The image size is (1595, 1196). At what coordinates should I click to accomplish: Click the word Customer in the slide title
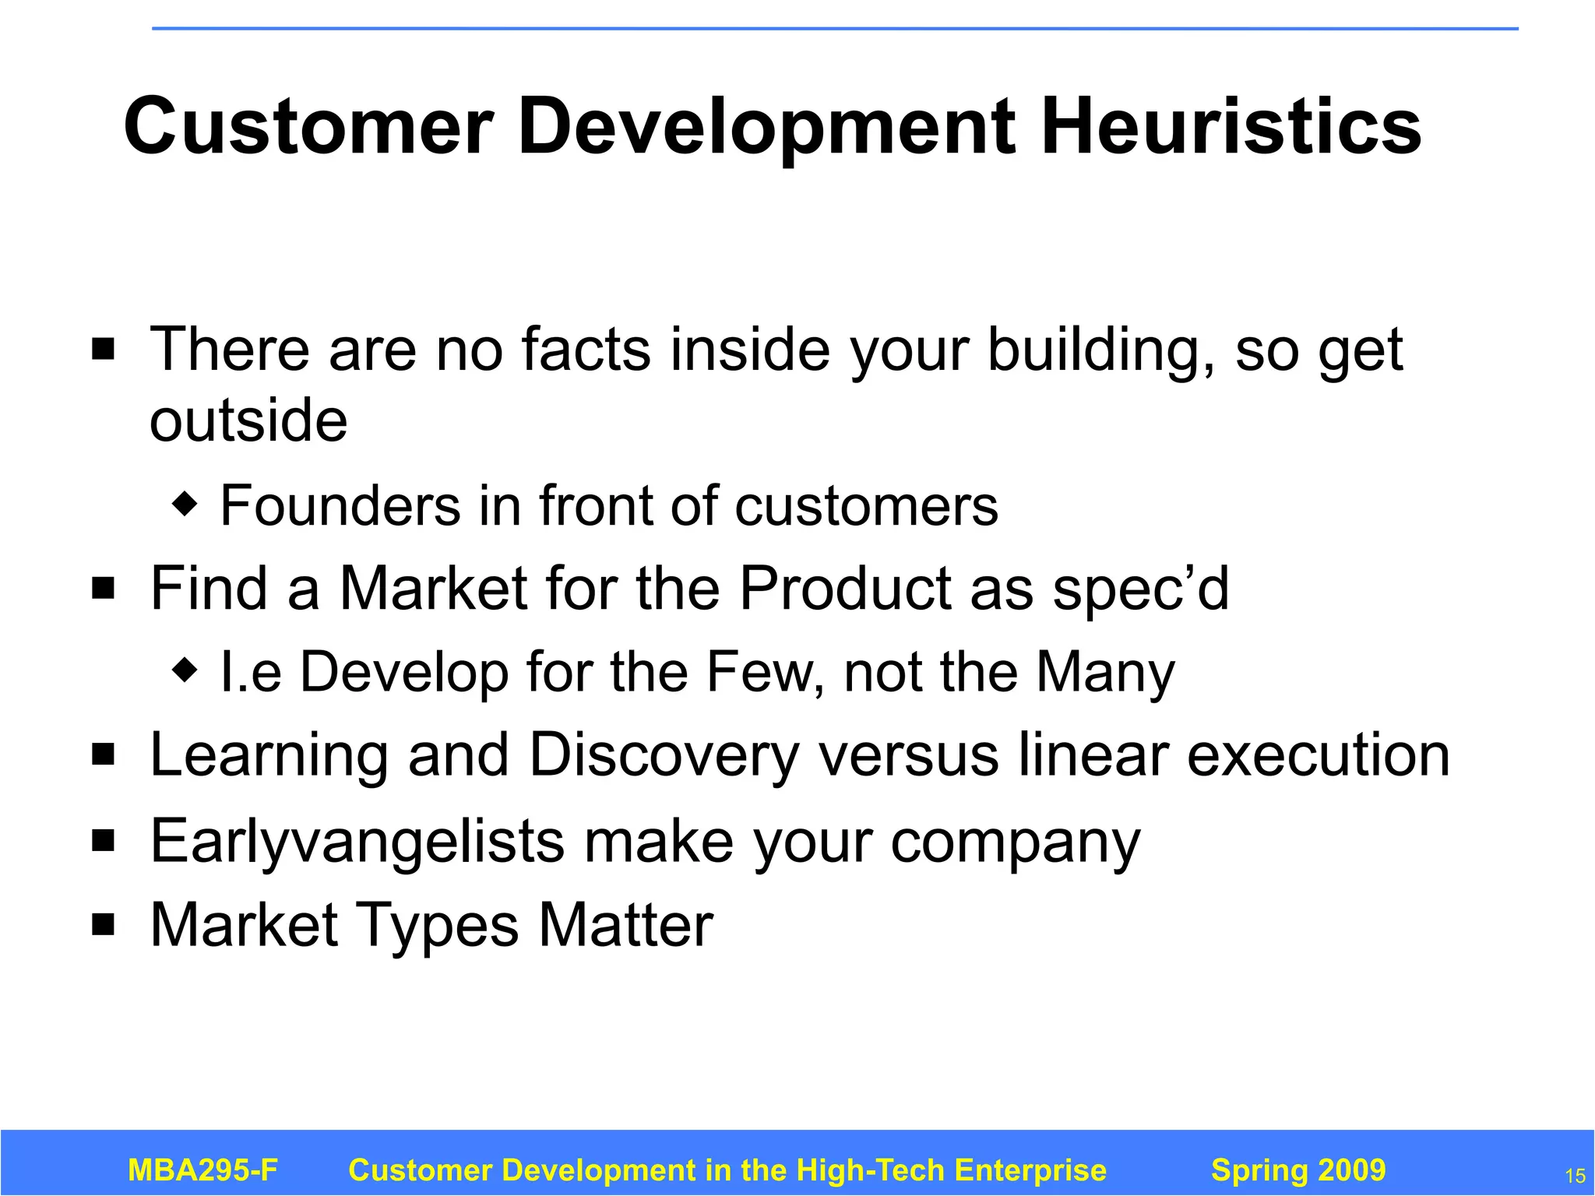point(308,126)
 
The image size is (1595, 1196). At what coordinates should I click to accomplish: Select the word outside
point(248,420)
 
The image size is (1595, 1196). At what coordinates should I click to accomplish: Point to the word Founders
point(340,506)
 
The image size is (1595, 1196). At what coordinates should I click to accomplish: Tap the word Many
point(1105,673)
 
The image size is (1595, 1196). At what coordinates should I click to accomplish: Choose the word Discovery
point(664,755)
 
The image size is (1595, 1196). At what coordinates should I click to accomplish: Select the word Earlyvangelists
point(357,842)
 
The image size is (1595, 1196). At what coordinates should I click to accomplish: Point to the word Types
point(438,926)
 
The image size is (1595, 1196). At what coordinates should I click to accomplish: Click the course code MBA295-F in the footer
point(202,1170)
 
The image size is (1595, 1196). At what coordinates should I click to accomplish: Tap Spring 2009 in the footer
point(1298,1170)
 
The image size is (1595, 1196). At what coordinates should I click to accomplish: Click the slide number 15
point(1575,1176)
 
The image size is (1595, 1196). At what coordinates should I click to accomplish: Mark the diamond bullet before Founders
point(185,505)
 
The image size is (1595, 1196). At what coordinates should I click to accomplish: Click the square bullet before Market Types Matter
point(103,924)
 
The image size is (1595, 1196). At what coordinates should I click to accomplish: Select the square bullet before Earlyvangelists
point(103,840)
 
